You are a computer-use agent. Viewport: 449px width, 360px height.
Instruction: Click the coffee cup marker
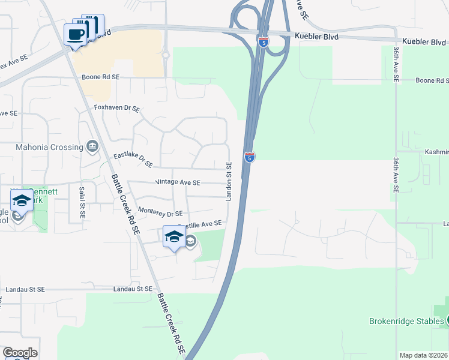(x=76, y=34)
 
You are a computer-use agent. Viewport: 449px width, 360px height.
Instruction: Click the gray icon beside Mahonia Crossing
(x=92, y=146)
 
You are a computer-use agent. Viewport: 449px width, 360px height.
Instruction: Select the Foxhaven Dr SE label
(x=117, y=109)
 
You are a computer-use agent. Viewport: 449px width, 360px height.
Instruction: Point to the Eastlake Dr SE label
(x=133, y=159)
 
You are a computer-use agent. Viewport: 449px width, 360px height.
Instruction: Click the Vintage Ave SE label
(x=178, y=182)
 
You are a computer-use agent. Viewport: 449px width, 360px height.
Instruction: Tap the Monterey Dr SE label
(x=160, y=212)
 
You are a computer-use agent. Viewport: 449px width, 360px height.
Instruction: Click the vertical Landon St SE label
(x=229, y=181)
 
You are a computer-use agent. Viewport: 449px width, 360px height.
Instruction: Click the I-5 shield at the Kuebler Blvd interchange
(x=264, y=42)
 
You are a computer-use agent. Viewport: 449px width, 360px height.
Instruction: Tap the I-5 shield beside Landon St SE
(x=250, y=157)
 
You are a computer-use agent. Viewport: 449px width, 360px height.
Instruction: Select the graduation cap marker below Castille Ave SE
(x=174, y=236)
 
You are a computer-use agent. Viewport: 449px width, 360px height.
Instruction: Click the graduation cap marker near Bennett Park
(x=22, y=200)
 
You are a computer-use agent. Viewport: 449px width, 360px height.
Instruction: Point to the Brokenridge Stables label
(x=406, y=321)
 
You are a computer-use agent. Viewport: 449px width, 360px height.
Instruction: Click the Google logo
(x=20, y=353)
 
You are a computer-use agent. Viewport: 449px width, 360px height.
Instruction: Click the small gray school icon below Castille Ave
(x=190, y=241)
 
